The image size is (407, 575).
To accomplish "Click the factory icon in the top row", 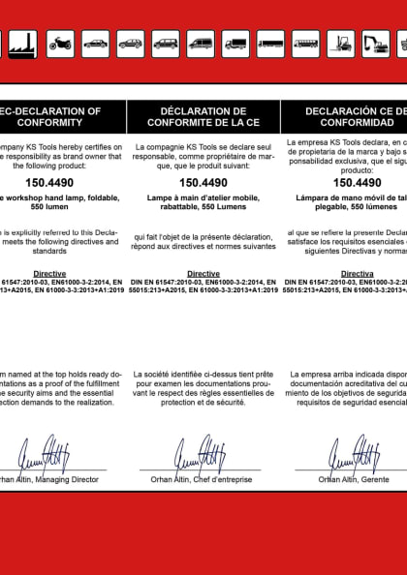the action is point(26,44).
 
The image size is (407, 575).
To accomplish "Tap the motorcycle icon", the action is point(61,44).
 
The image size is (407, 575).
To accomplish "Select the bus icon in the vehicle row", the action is point(305,44).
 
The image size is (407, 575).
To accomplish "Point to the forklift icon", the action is point(340,44).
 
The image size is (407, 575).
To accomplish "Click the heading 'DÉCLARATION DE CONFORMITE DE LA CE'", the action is point(203,117).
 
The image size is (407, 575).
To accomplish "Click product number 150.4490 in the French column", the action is point(203,181).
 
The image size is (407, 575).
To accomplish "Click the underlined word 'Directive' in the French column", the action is point(203,274).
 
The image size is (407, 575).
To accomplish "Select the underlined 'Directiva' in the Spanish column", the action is point(357,274).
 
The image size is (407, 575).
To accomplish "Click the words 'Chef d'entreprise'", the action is point(225,478).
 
